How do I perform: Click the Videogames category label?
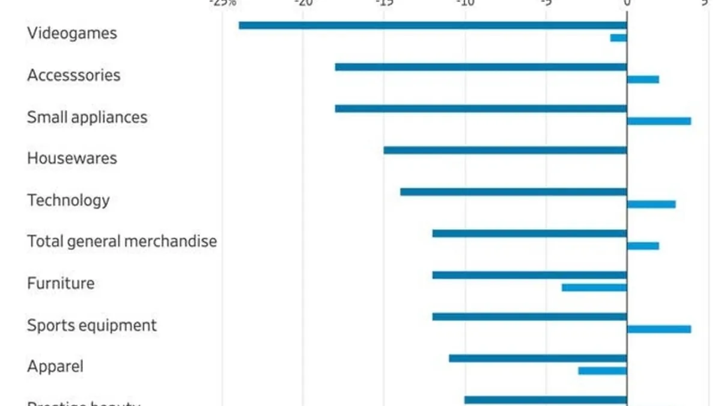click(71, 34)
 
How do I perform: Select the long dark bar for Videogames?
click(433, 25)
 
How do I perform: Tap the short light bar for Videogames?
click(618, 38)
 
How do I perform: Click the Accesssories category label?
click(73, 75)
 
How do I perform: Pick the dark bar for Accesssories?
click(481, 67)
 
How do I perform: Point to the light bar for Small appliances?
click(659, 121)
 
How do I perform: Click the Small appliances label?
click(87, 117)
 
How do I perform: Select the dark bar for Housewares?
click(505, 150)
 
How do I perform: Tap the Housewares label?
click(71, 158)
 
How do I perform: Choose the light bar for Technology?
click(651, 204)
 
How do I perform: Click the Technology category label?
click(68, 200)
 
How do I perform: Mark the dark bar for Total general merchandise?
click(529, 233)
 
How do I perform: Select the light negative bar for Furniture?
click(594, 288)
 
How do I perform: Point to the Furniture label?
click(60, 283)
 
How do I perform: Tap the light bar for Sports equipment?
click(659, 329)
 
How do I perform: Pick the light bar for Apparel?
click(602, 371)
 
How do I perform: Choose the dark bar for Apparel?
click(538, 358)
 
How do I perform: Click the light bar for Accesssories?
click(643, 79)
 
